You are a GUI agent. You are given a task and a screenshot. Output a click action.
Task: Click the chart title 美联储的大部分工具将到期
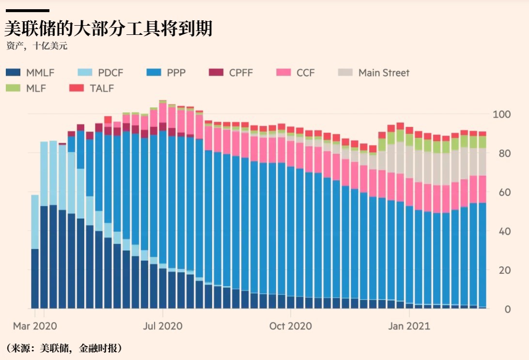(109, 29)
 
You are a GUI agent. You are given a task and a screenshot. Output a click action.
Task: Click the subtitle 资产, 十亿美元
(37, 47)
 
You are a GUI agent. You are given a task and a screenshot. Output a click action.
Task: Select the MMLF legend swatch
(13, 73)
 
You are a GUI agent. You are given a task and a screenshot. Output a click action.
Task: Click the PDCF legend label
(110, 73)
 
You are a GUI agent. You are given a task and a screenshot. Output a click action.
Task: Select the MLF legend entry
(34, 88)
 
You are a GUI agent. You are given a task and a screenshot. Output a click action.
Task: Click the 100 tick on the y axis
(501, 114)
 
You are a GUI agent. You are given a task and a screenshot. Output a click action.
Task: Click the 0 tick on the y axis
(507, 309)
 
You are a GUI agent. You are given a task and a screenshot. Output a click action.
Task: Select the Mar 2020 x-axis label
(35, 326)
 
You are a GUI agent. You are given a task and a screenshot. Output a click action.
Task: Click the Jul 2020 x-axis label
(162, 326)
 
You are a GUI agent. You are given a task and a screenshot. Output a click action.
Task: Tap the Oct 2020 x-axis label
(290, 326)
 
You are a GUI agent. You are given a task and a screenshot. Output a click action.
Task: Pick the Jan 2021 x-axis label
(409, 326)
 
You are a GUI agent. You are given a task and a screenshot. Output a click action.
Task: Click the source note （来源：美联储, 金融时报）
(63, 348)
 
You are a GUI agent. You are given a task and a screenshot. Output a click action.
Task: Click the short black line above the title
(27, 10)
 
